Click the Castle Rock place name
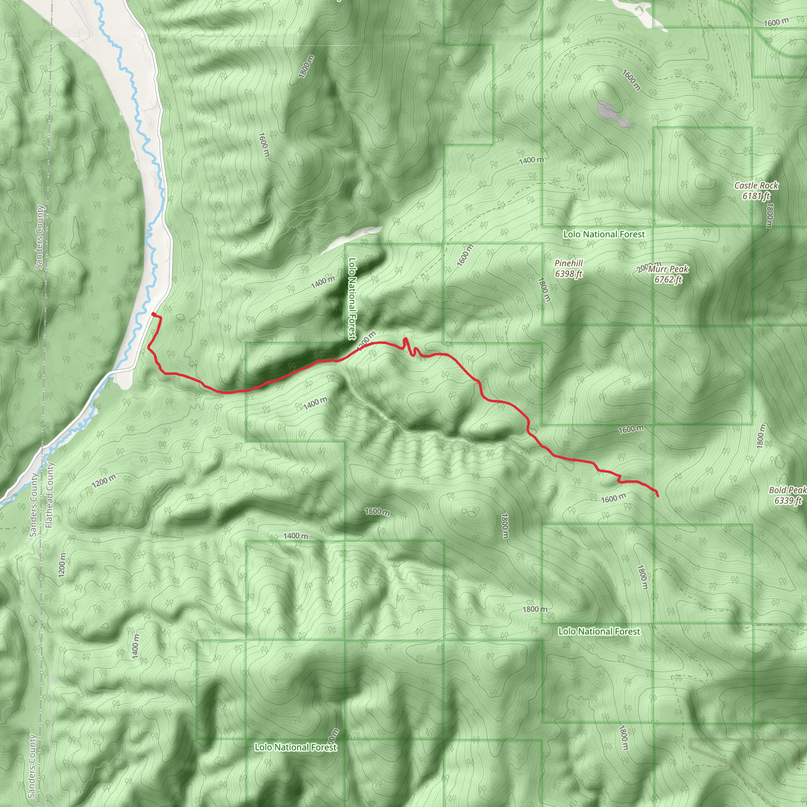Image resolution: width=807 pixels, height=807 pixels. [756, 186]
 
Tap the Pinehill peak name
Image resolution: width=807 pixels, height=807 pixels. [569, 263]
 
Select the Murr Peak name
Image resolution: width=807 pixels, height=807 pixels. [668, 269]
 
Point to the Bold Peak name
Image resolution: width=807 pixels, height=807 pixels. [787, 490]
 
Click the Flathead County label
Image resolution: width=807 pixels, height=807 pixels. [49, 495]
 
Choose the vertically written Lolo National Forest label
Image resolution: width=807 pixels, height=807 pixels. [353, 298]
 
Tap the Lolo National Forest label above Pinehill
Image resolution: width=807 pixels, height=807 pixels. [604, 234]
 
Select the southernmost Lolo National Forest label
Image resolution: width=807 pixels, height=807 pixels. [296, 747]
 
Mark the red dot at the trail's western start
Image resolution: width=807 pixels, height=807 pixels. [154, 314]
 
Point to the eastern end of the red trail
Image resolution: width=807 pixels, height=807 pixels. [658, 496]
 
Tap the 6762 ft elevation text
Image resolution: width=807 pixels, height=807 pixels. [668, 279]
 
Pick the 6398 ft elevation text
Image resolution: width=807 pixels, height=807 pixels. [569, 274]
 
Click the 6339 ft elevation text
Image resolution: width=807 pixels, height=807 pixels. [788, 500]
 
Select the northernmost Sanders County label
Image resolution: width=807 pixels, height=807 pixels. [39, 237]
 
